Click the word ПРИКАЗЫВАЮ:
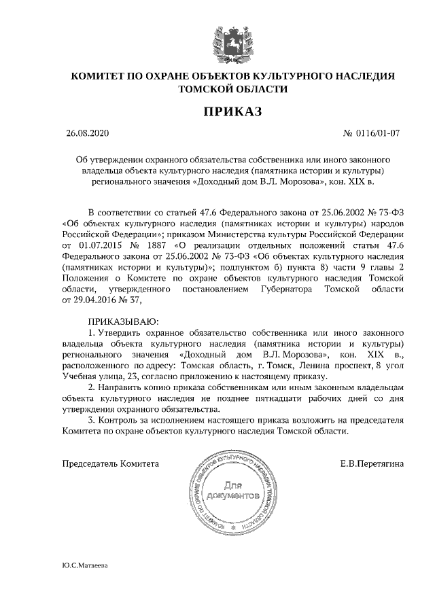122,320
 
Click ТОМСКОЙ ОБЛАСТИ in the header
232,88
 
